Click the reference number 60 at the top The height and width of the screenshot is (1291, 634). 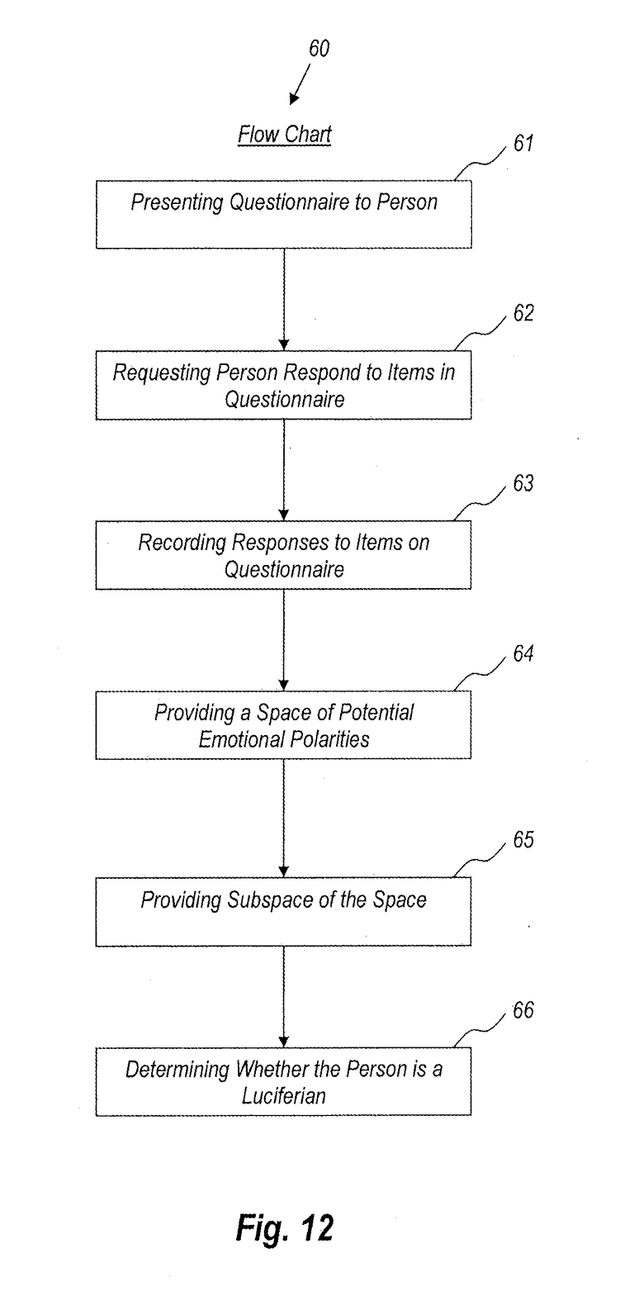[319, 49]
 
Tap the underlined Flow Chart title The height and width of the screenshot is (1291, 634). [285, 135]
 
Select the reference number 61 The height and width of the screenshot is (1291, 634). [523, 143]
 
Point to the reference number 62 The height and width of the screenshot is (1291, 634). [523, 313]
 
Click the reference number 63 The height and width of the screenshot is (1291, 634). [523, 483]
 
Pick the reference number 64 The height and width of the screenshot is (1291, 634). [523, 653]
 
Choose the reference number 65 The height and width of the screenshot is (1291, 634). [523, 840]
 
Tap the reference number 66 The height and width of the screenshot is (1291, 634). [523, 1009]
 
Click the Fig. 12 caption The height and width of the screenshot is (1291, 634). [285, 1227]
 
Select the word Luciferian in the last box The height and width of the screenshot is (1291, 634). [284, 1095]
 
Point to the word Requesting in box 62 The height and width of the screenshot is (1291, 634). [162, 373]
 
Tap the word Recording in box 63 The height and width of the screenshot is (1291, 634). [182, 543]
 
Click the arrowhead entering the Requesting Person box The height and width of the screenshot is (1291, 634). [284, 345]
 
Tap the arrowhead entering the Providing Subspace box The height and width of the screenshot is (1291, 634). [284, 872]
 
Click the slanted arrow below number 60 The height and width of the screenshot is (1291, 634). [300, 84]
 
